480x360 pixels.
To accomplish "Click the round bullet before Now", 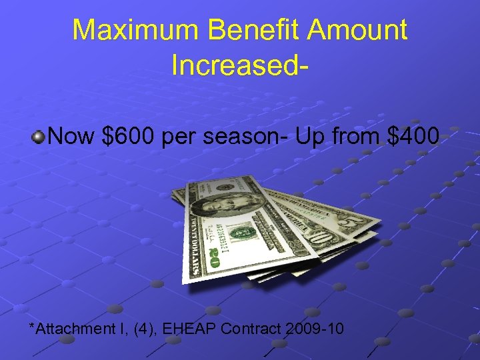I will [39, 137].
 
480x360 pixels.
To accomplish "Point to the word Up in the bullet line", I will [315, 137].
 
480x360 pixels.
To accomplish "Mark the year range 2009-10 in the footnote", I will [317, 328].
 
